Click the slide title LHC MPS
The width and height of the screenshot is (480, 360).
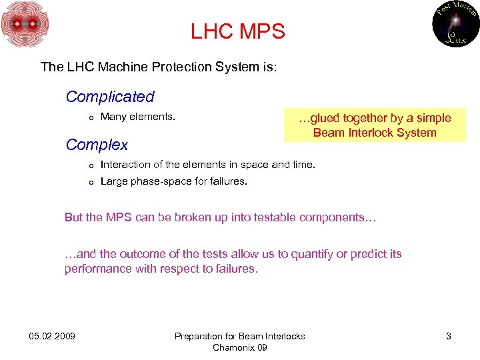237,31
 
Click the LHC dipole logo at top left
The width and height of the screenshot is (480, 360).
25,25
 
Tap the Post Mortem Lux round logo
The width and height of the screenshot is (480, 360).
456,24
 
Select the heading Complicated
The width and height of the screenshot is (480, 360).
110,97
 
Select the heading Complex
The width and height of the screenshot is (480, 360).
97,145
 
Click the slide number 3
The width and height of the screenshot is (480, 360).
449,336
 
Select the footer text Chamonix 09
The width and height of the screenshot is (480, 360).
239,347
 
